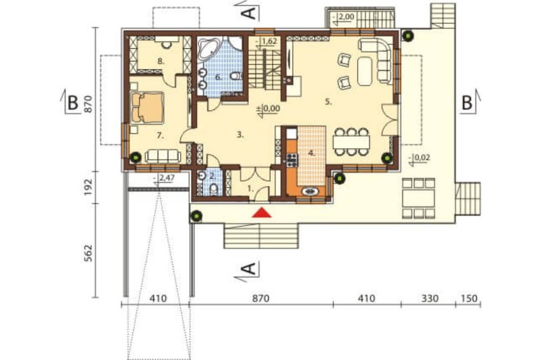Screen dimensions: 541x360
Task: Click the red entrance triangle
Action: [261, 213]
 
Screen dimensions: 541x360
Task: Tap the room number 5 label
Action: [328, 102]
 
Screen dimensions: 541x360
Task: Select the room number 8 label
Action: [161, 62]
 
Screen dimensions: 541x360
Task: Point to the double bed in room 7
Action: [147, 107]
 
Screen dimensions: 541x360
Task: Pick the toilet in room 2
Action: [214, 189]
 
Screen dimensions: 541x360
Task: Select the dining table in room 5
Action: [351, 142]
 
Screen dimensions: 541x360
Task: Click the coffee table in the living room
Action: [365, 71]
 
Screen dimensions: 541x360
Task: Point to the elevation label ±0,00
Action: [268, 109]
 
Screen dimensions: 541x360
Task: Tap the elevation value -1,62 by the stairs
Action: [267, 42]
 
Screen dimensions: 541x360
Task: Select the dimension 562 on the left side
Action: [88, 253]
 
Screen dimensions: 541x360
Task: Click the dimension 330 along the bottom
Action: [430, 298]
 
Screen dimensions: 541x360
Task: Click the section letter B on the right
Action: [467, 102]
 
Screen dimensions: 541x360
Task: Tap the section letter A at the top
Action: [249, 13]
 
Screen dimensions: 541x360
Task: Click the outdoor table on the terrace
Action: [419, 198]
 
